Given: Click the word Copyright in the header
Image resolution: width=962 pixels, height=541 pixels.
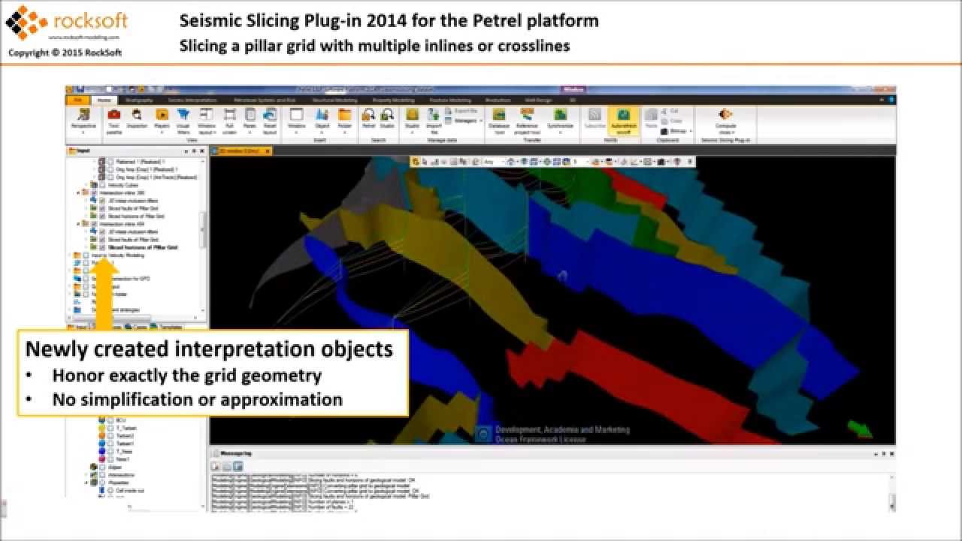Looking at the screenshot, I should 29,53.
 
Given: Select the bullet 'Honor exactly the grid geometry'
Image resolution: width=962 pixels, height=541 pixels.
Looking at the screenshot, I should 186,375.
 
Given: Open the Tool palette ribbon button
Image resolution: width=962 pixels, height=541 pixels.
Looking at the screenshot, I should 114,120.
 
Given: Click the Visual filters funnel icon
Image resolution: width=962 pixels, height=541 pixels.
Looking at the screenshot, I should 183,115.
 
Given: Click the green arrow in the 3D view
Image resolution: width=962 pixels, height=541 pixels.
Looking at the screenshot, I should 858,430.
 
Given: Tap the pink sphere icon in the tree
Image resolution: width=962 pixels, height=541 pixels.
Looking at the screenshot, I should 101,458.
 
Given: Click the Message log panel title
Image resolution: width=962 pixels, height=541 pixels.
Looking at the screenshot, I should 237,454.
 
